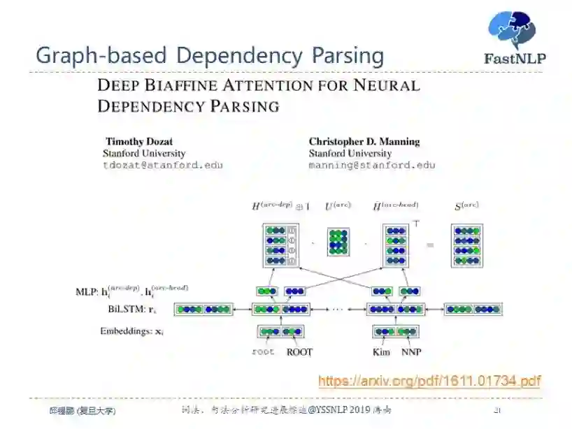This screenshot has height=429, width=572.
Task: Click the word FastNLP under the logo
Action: tap(515, 59)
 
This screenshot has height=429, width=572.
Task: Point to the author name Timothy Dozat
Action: tap(139, 142)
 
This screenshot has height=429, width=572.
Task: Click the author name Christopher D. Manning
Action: tap(364, 142)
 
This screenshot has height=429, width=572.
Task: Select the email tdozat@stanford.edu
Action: tap(163, 166)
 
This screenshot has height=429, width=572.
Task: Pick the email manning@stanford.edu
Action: tap(372, 166)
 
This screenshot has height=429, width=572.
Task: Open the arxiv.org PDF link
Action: tap(429, 381)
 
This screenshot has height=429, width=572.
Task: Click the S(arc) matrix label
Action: tap(466, 205)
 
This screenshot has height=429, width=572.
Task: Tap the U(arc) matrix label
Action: tap(338, 206)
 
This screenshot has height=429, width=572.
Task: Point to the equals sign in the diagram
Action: tap(430, 245)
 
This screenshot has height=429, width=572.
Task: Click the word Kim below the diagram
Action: tap(381, 352)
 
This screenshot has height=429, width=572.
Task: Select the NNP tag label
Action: tap(412, 352)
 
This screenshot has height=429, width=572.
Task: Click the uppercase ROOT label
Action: tap(299, 352)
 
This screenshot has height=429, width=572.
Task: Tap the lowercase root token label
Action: tap(263, 352)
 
